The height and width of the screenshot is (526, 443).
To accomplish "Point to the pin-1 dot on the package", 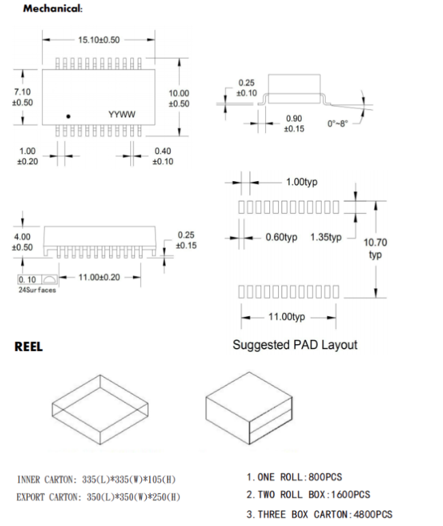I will coord(67,115).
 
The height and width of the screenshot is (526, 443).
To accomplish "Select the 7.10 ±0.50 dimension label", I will coord(22,97).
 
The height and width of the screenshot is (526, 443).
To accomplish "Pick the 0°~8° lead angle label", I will coord(340,124).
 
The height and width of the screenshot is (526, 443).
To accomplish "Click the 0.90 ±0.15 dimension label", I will coord(294,123).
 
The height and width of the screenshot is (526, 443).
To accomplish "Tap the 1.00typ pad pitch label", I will coord(301,182).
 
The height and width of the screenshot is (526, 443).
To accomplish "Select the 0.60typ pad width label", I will coord(281,237).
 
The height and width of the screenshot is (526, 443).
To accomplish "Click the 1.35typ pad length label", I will coord(326,237).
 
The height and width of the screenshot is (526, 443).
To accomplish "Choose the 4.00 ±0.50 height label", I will coord(22,242).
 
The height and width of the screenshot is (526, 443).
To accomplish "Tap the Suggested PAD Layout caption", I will coord(294,345).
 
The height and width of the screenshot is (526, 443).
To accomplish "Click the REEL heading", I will coord(29,347).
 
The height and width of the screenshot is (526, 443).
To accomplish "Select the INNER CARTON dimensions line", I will coord(100,480).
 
